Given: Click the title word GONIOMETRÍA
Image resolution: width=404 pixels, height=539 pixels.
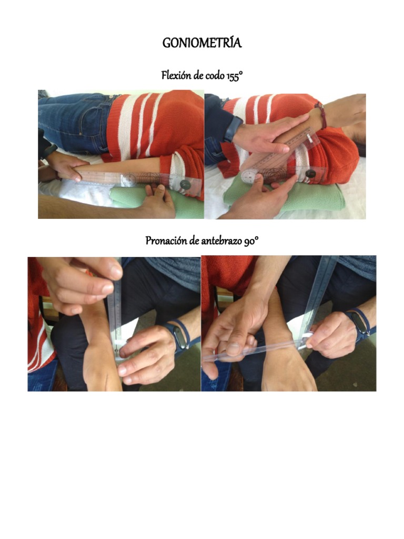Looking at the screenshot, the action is (x=202, y=43).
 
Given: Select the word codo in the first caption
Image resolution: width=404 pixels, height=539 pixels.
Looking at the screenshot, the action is (x=215, y=75).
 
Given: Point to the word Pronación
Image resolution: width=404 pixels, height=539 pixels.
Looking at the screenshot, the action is (x=166, y=241).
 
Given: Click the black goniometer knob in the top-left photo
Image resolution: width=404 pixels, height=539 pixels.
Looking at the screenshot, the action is (x=186, y=185).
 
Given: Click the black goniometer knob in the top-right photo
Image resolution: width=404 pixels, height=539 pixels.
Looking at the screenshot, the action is (x=311, y=173).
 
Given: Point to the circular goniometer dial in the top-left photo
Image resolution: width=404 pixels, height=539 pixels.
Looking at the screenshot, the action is (x=129, y=179).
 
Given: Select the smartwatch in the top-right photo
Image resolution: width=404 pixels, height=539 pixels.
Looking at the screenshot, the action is (x=234, y=128).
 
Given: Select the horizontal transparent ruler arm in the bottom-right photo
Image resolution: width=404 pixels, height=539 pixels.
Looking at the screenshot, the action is (x=254, y=350).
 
